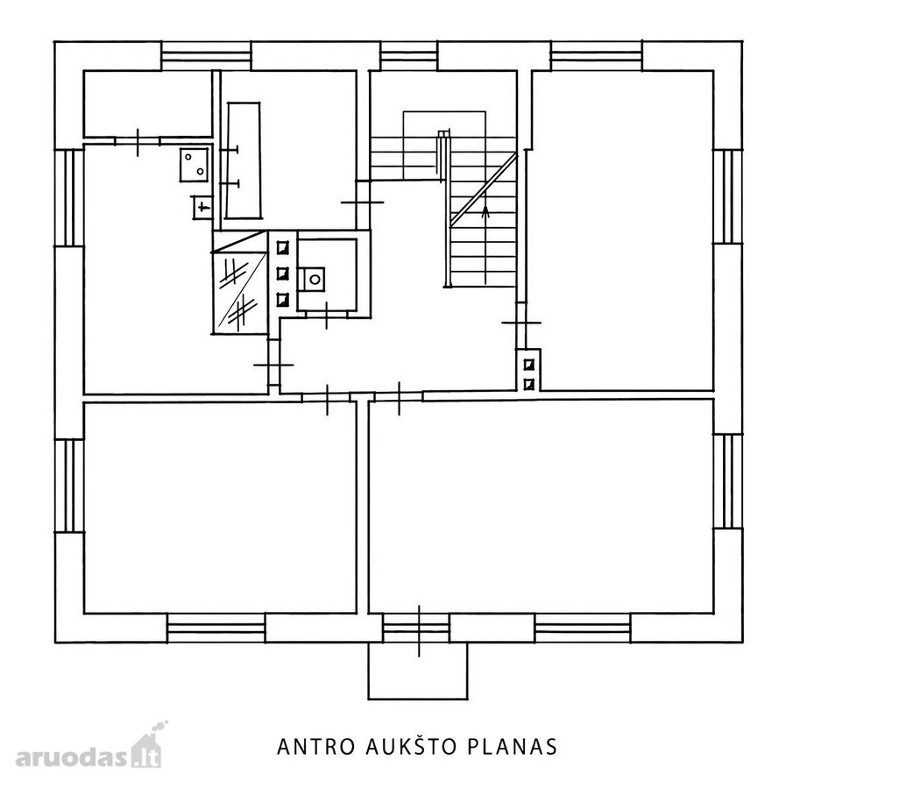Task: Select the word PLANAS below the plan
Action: point(513,747)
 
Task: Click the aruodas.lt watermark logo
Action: point(88,748)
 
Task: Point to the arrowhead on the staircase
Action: point(485,211)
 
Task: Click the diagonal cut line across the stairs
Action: point(484,189)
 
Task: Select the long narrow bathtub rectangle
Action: point(244,160)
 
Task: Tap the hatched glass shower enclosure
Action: point(240,282)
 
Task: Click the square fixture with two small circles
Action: point(195,165)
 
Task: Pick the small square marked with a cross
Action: point(202,207)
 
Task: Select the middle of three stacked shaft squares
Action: point(283,274)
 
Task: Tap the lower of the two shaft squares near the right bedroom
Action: point(529,383)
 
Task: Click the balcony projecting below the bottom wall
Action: point(418,671)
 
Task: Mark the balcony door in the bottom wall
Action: point(416,629)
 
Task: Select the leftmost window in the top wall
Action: point(207,55)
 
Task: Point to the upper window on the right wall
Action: point(727,197)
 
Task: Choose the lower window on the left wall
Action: point(69,486)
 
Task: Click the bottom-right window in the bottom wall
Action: point(583,629)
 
